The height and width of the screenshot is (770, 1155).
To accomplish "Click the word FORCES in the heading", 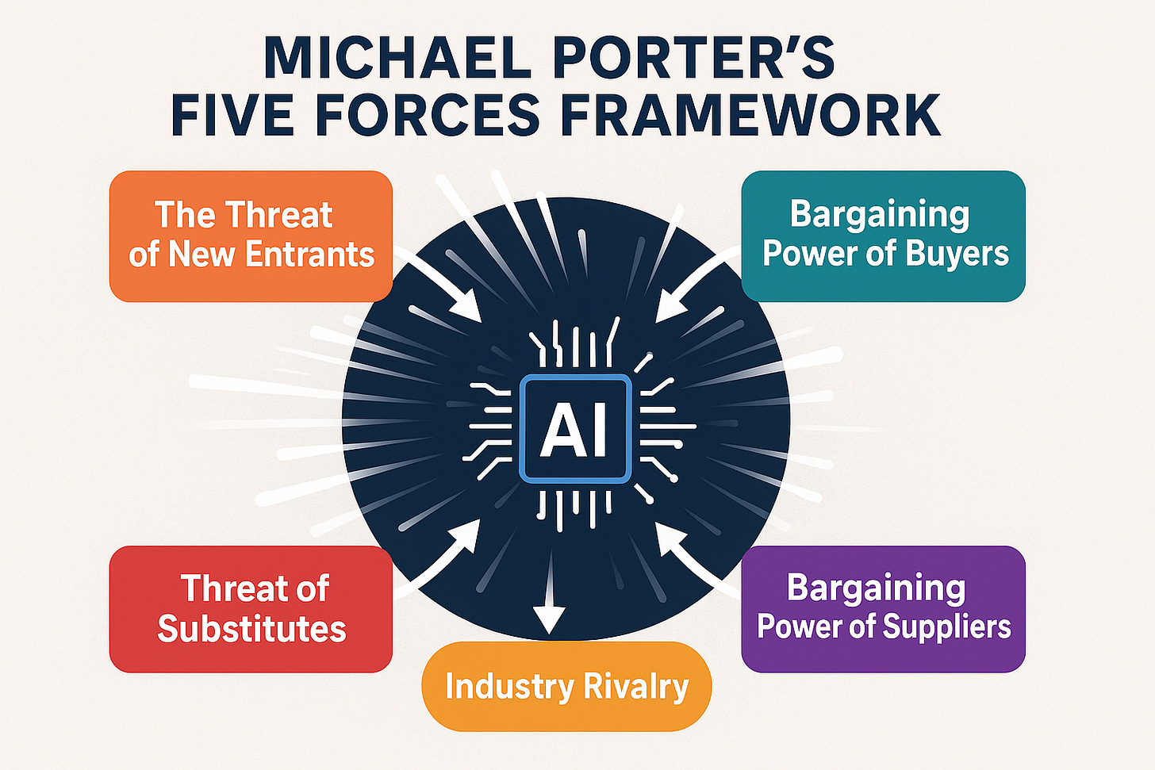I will pos(428,115).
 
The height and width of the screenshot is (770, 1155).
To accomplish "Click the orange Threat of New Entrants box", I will pos(251,236).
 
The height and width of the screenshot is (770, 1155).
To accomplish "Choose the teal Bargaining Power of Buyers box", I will pos(883,236).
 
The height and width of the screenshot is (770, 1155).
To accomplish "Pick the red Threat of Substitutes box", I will pos(251,608).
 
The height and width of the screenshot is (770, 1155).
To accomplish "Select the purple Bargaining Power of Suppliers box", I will pos(883,608).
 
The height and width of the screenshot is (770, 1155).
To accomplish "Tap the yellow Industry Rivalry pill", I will pos(566,687).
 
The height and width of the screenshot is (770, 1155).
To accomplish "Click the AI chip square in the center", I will pos(574,429).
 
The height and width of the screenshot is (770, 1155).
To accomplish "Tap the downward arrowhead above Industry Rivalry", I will pos(549,618).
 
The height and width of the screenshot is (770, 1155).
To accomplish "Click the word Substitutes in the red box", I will pos(251,629).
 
